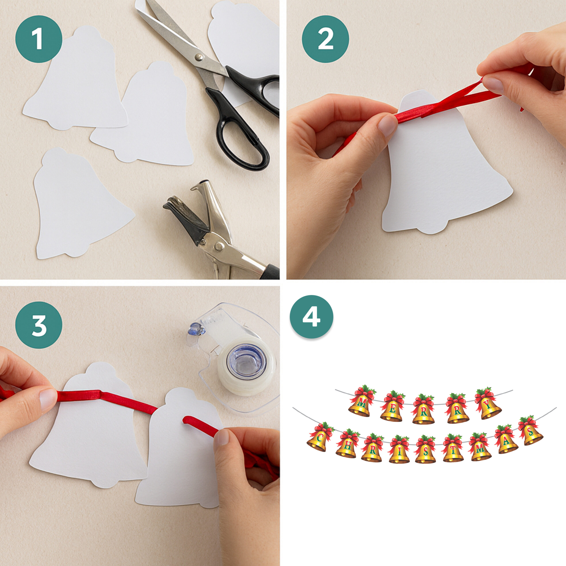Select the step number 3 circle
click(x=39, y=325)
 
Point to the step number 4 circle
click(x=312, y=317)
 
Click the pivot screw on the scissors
click(x=199, y=57)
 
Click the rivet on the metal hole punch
click(x=218, y=247)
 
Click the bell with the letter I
click(x=399, y=450)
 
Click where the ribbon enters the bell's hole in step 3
click(x=185, y=420)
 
